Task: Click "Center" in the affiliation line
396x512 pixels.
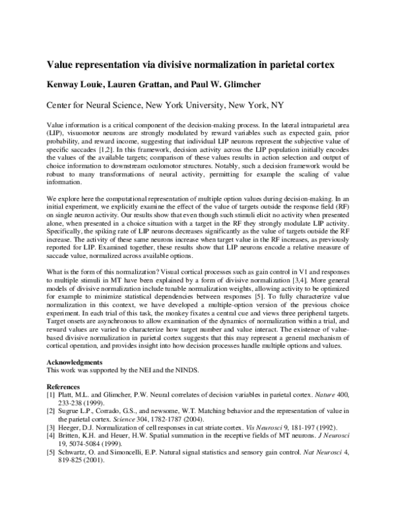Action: [x=61, y=104]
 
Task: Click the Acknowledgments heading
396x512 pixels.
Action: [x=75, y=363]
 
